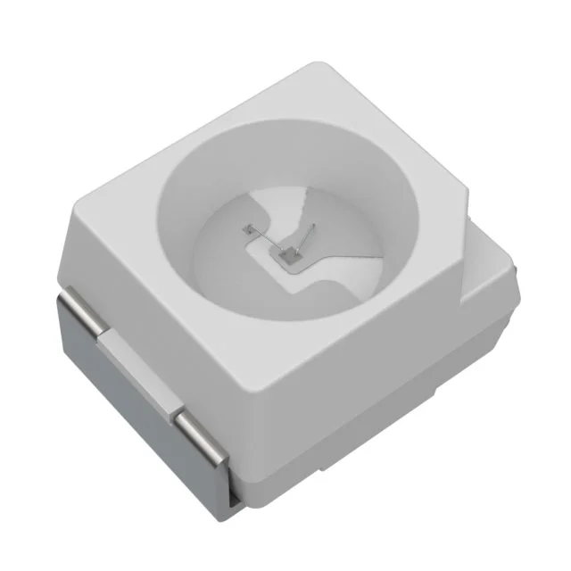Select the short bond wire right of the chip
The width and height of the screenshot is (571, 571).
click(306, 238)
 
